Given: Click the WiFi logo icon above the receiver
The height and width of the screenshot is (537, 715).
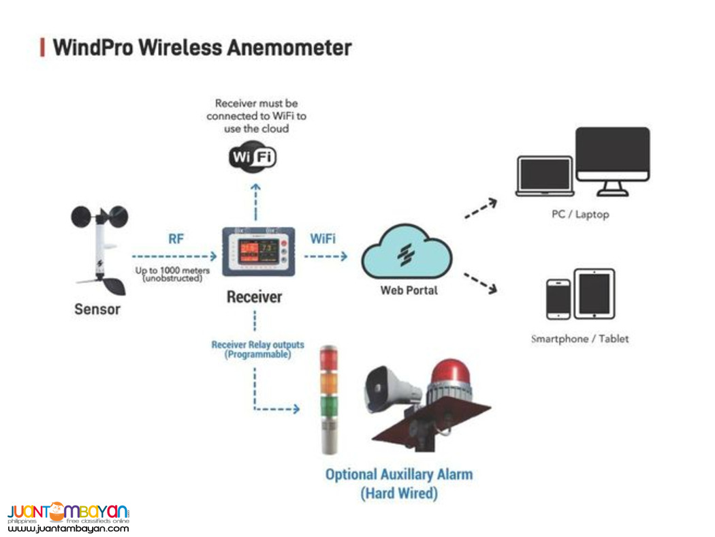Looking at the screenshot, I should click(252, 157).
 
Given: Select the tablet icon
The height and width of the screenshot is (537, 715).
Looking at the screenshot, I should click(594, 294).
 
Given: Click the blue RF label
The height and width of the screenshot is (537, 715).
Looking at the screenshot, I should click(176, 239).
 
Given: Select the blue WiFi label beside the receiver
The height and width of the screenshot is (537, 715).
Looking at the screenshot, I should click(322, 239).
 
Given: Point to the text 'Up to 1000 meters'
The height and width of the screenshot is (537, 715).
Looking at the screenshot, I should click(172, 271).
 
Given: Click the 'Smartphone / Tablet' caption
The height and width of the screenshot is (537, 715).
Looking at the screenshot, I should click(580, 339).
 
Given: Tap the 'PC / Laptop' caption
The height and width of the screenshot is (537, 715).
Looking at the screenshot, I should click(580, 214).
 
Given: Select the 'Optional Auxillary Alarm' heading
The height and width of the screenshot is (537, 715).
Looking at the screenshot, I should click(399, 474).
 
